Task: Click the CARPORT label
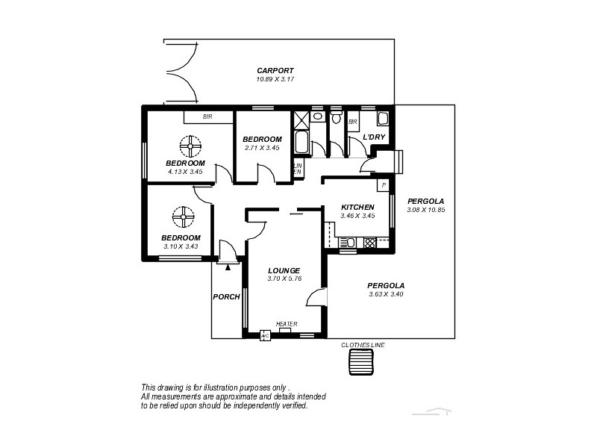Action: tap(270, 70)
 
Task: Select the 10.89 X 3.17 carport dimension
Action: tap(270, 78)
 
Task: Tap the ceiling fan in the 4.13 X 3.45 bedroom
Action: tap(191, 146)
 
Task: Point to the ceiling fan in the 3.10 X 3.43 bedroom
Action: tap(183, 217)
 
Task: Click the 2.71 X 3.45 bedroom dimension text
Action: tap(262, 148)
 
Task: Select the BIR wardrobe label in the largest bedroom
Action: tap(207, 117)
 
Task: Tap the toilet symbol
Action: tap(336, 117)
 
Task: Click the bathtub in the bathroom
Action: tap(301, 142)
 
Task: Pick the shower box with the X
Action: tap(301, 119)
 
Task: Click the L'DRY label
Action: tap(374, 137)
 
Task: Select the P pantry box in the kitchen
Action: tap(384, 185)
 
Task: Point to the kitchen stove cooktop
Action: tap(369, 242)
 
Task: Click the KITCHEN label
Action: tap(357, 207)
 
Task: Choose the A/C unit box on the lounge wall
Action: tap(264, 336)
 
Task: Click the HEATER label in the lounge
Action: tap(287, 323)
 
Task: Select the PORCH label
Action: tap(226, 296)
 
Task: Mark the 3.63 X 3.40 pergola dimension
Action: tap(387, 294)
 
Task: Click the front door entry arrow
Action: tap(228, 266)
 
